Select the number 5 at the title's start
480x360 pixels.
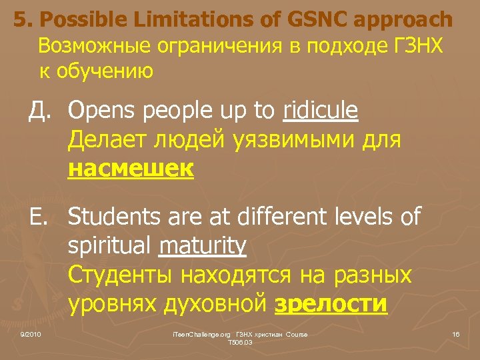pyautogui.click(x=21, y=20)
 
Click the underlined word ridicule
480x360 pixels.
pyautogui.click(x=320, y=111)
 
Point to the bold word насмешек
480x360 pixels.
pyautogui.click(x=131, y=170)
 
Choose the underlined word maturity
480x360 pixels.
pyautogui.click(x=203, y=246)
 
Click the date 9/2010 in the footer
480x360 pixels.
pyautogui.click(x=30, y=334)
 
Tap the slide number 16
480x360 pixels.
pyautogui.click(x=456, y=334)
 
